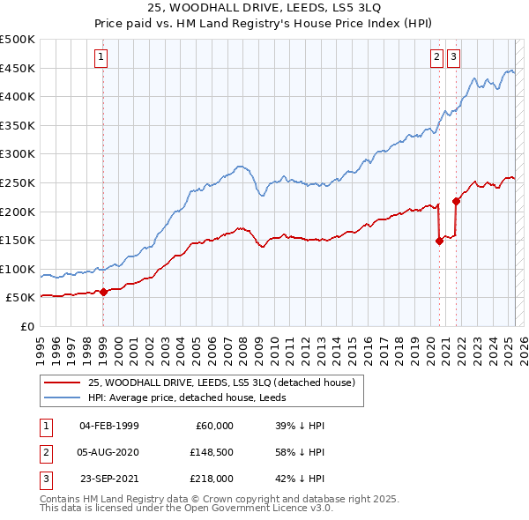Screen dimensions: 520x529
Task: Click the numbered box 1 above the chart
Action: [102, 58]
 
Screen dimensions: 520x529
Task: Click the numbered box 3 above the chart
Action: [453, 58]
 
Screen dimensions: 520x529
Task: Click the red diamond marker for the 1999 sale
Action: [103, 292]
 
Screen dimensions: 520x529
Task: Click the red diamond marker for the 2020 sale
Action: [439, 241]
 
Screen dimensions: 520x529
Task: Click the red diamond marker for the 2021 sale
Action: [457, 201]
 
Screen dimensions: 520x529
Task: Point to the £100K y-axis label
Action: [18, 269]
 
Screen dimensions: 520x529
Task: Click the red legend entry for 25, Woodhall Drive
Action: [220, 383]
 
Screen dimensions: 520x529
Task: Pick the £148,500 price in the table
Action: [212, 452]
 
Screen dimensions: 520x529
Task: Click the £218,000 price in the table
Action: [212, 479]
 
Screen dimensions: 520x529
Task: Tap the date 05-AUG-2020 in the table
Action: [108, 452]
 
